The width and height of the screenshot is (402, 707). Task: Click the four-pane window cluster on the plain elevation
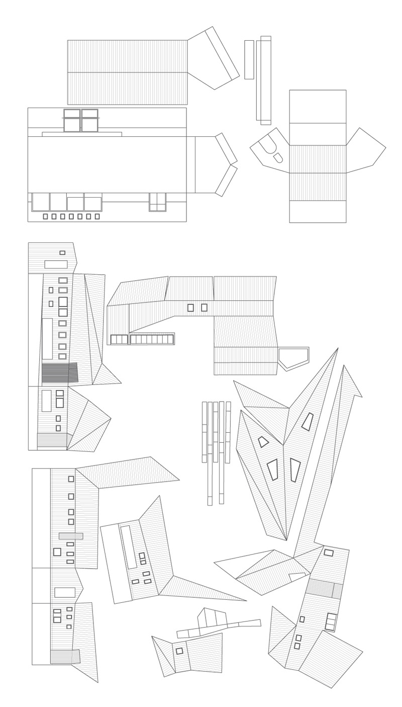80,120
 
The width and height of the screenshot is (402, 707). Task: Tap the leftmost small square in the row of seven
46,216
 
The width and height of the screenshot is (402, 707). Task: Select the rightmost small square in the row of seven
97,216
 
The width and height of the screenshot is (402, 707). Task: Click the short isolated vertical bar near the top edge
249,59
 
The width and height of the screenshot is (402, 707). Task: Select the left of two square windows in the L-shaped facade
190,307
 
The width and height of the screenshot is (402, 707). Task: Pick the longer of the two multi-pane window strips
152,340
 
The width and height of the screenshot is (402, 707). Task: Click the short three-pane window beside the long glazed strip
119,340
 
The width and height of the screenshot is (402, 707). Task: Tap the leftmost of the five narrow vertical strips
204,431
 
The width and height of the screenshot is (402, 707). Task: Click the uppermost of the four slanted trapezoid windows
307,421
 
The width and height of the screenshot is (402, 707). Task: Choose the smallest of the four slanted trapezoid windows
263,442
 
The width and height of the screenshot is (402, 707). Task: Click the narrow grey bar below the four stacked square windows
70,536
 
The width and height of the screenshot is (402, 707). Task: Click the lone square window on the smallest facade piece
179,651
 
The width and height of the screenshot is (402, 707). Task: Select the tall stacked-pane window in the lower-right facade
330,621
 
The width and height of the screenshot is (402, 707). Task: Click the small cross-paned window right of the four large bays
157,202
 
